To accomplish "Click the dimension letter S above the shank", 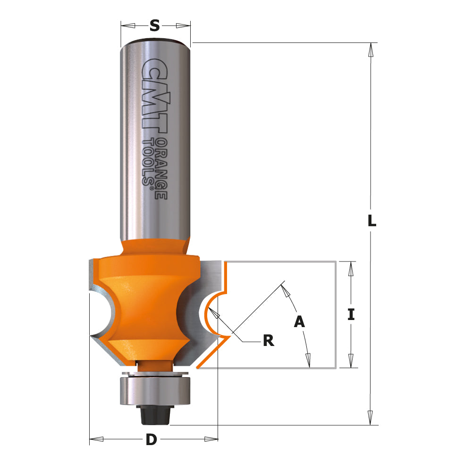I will click(x=154, y=26).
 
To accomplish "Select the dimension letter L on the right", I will click(x=372, y=220).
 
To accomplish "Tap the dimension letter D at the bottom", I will click(x=151, y=440).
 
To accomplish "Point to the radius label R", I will click(x=268, y=341).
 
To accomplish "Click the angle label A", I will click(x=299, y=322).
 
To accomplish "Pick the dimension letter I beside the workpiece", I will click(x=351, y=314).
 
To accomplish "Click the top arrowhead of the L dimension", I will click(x=372, y=50).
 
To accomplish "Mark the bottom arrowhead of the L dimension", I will click(x=372, y=417).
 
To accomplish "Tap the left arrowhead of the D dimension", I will click(x=96, y=439).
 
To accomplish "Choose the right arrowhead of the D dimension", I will click(x=211, y=439).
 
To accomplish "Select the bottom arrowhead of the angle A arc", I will click(x=308, y=361).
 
